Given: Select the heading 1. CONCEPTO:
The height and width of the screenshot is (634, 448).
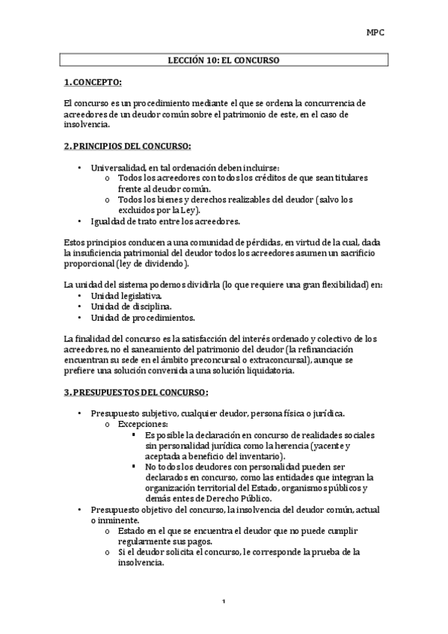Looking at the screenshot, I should (x=93, y=81).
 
